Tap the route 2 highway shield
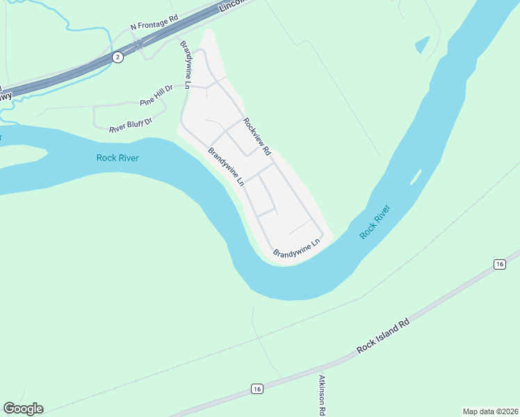click(118, 57)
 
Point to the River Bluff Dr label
click(131, 124)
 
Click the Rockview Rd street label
click(256, 132)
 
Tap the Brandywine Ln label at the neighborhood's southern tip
click(296, 248)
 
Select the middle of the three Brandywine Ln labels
click(227, 167)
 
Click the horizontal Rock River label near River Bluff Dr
click(117, 158)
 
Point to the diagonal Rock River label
click(376, 222)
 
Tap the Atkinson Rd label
click(322, 396)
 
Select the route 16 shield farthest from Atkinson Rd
click(499, 264)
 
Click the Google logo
click(23, 409)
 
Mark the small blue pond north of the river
click(422, 45)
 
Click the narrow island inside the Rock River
click(415, 177)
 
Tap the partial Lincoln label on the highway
click(233, 6)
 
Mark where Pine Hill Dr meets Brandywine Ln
click(186, 86)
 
